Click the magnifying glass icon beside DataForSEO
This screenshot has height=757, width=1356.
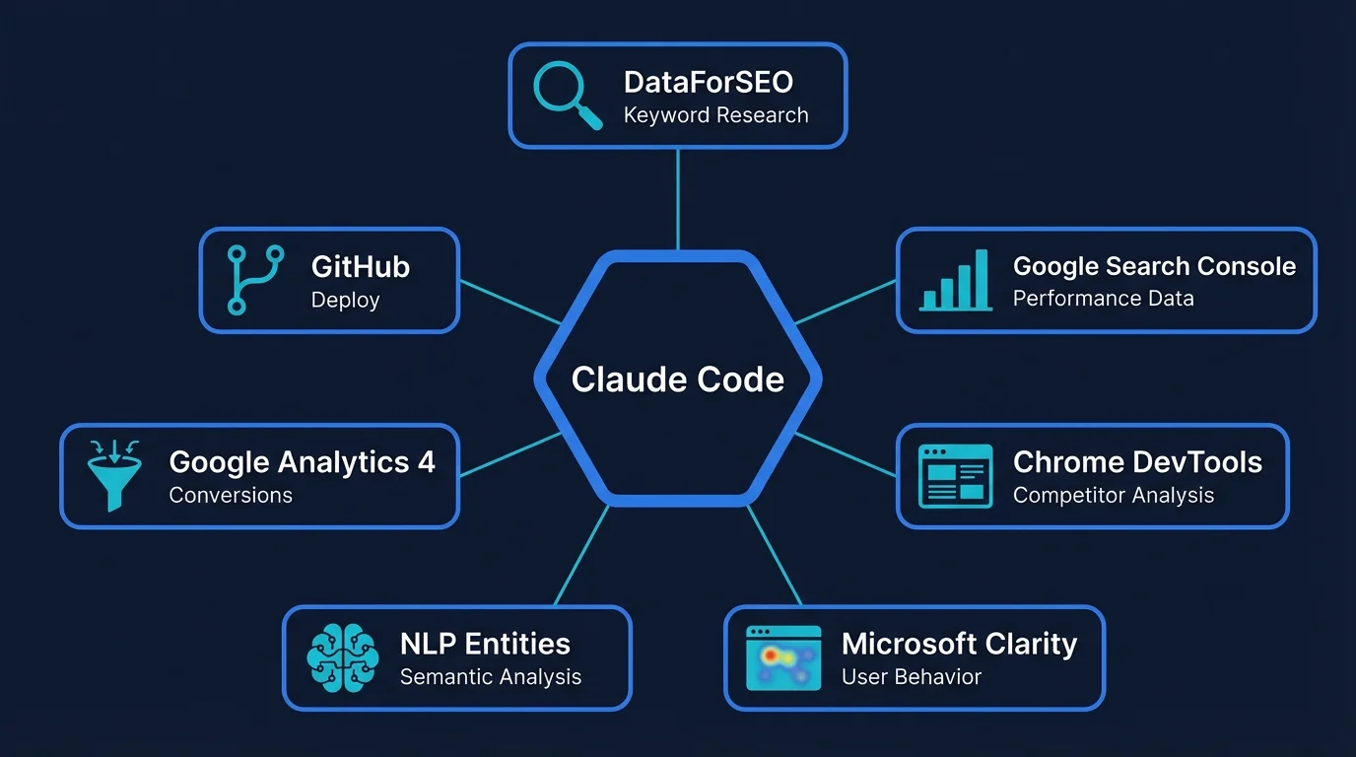(x=566, y=96)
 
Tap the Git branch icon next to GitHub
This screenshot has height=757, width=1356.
(x=255, y=280)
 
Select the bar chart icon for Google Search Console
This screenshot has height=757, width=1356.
(x=954, y=281)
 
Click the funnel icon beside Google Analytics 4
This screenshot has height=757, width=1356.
(x=114, y=475)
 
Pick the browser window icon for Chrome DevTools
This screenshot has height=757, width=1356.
(x=954, y=476)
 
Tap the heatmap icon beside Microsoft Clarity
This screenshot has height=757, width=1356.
(x=783, y=657)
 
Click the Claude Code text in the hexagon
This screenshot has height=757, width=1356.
(x=678, y=379)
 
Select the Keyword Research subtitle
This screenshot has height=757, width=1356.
(x=715, y=115)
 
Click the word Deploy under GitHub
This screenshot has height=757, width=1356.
(x=345, y=300)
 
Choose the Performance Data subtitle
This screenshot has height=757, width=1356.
(x=1103, y=299)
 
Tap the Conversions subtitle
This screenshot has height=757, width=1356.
(x=231, y=495)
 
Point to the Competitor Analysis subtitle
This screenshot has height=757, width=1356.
(x=1113, y=495)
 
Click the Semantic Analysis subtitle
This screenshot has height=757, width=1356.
(x=490, y=677)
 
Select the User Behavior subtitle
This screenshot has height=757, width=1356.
(x=911, y=677)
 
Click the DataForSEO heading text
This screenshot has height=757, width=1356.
(x=708, y=83)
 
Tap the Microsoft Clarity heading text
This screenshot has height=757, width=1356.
(x=959, y=644)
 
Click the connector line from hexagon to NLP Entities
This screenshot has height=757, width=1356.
(x=581, y=556)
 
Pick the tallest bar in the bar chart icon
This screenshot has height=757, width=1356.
(x=981, y=279)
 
